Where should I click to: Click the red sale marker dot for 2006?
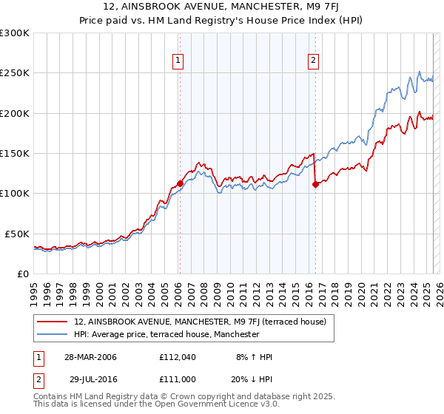pyautogui.click(x=180, y=184)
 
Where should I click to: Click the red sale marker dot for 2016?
pyautogui.click(x=315, y=185)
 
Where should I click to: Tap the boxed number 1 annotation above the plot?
pyautogui.click(x=179, y=61)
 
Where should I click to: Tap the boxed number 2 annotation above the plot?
pyautogui.click(x=314, y=61)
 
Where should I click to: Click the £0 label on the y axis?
pyautogui.click(x=22, y=274)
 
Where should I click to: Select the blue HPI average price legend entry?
pyautogui.click(x=166, y=334)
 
